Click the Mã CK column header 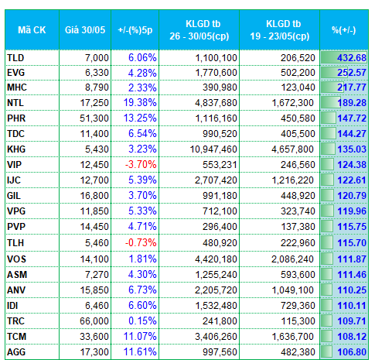[x=32, y=30]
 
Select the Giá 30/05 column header [x=85, y=30]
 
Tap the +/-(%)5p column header [x=135, y=30]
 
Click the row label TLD [x=15, y=57]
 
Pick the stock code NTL [x=15, y=103]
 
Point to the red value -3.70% [x=141, y=164]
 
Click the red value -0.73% [x=141, y=242]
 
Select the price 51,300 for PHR [x=94, y=118]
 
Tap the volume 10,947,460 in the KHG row [x=213, y=149]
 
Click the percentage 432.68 [x=352, y=57]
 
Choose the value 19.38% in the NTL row [x=140, y=103]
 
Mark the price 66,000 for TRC [x=94, y=321]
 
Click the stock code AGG [x=16, y=352]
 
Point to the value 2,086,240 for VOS [x=293, y=259]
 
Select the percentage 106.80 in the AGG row [x=352, y=352]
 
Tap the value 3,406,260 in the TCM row [x=216, y=337]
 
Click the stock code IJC [x=14, y=180]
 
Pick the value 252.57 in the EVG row [x=352, y=73]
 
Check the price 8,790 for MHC [x=97, y=87]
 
